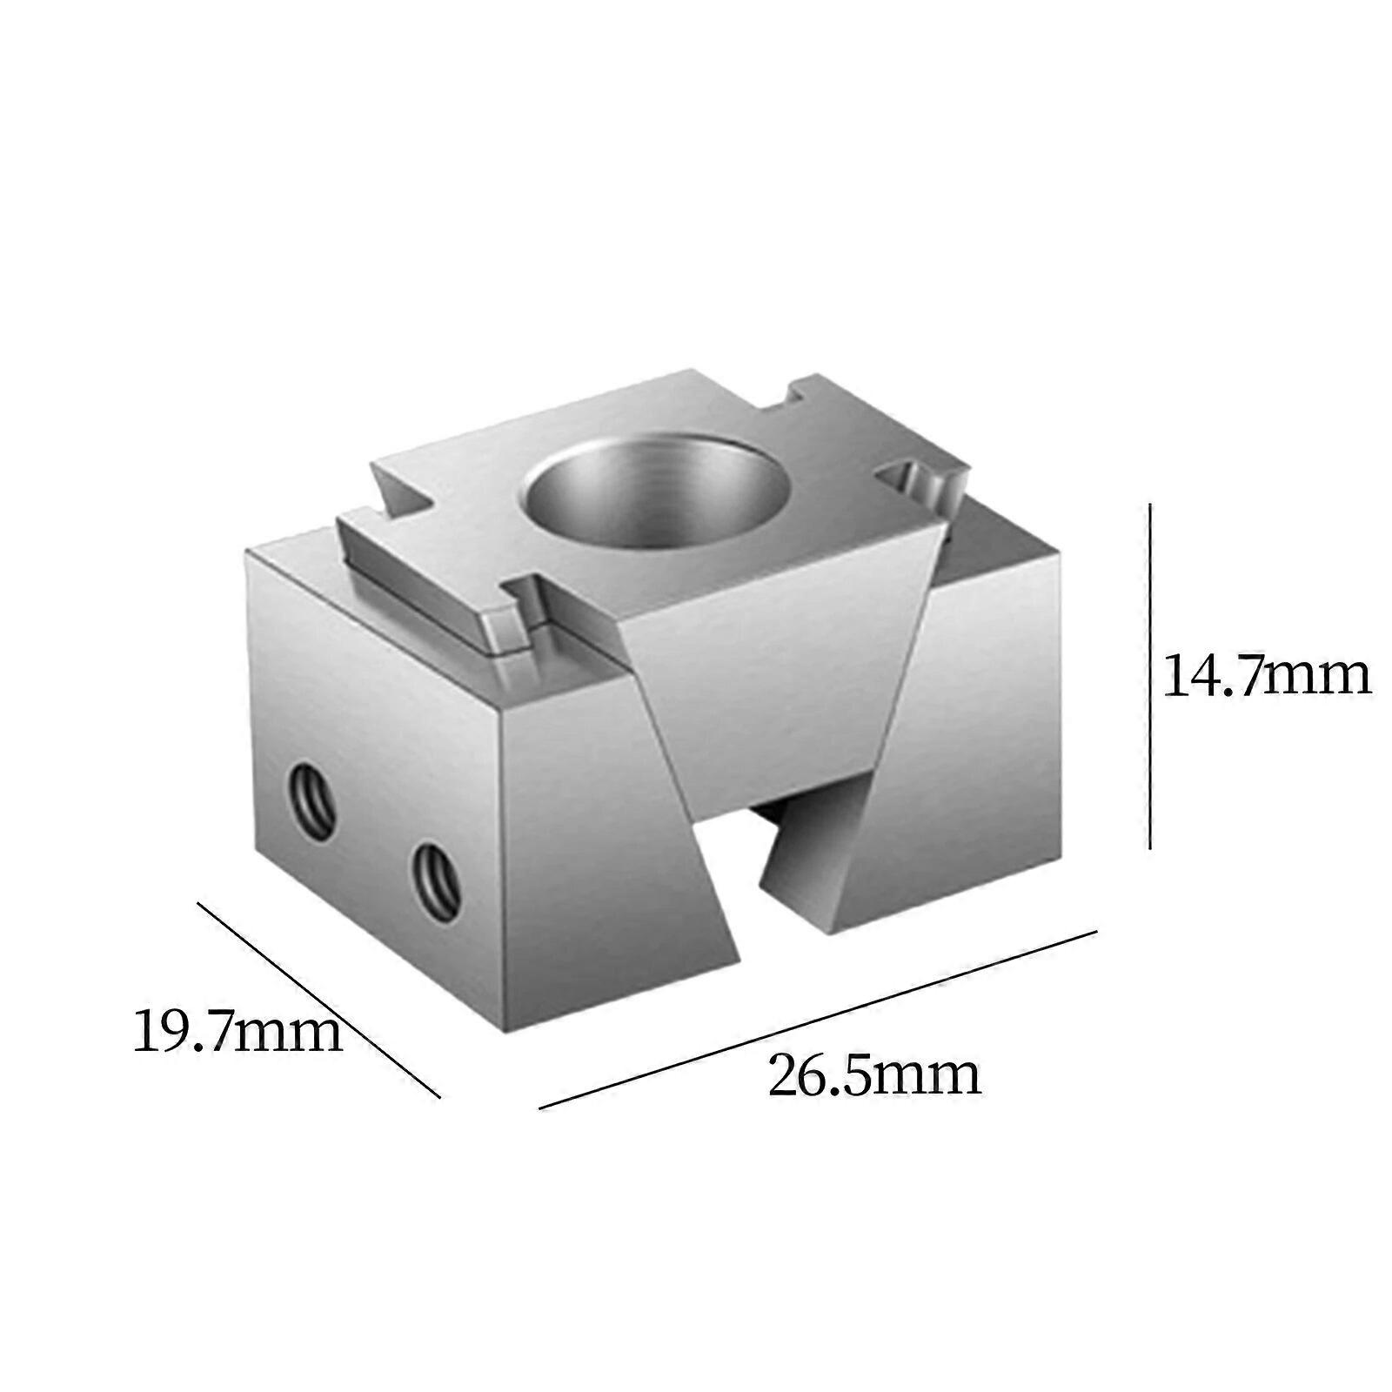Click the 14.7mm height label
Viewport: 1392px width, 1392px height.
coord(1266,676)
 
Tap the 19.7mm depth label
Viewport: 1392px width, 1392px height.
coord(238,1032)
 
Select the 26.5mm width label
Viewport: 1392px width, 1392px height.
coord(873,1075)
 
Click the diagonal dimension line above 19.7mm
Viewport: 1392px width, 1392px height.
coord(318,1000)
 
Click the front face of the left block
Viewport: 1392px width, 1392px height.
coord(609,853)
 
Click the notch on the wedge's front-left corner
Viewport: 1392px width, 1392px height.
coord(522,613)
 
